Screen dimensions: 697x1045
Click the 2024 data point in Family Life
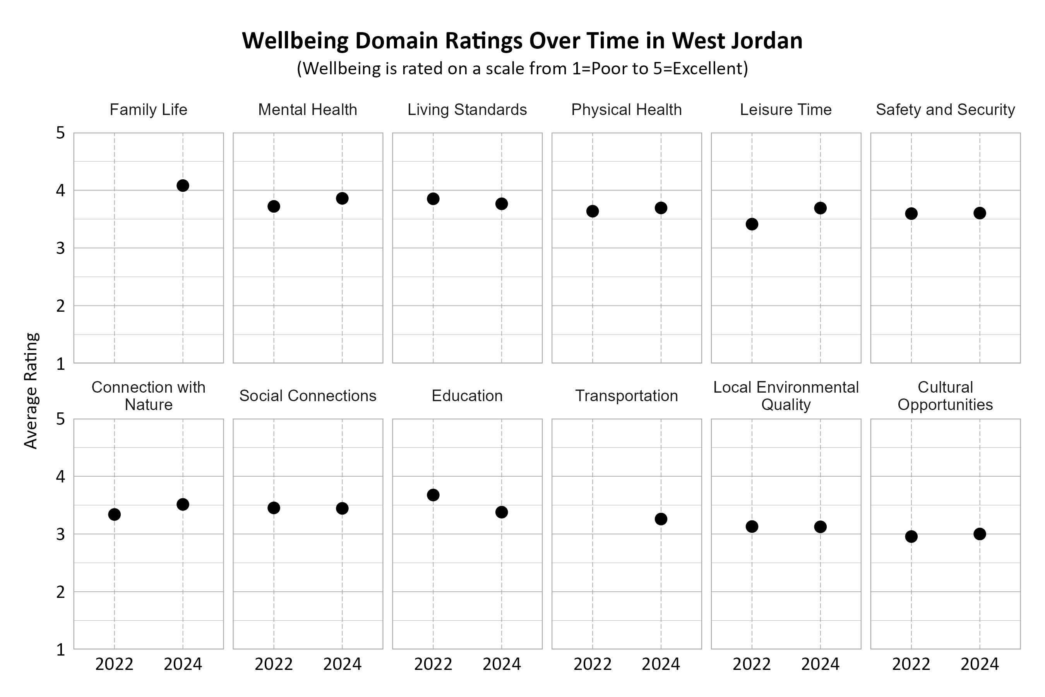183,185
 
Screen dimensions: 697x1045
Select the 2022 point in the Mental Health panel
274,206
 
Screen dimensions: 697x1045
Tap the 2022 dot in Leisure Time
752,224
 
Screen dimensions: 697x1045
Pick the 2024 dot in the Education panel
502,512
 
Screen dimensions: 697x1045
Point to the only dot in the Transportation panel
661,519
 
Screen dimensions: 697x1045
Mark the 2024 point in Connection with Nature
183,504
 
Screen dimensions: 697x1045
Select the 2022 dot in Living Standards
433,199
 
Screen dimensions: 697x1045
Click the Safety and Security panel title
945,110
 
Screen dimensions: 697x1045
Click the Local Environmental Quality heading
786,396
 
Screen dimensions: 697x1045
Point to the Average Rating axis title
31,391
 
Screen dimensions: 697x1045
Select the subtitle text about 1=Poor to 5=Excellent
522,69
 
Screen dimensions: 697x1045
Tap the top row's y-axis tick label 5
60,133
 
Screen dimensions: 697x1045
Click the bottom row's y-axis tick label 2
60,592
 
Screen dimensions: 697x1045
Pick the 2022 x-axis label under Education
433,664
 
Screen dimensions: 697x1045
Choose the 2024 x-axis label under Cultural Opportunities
980,664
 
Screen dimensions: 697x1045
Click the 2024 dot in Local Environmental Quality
820,527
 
